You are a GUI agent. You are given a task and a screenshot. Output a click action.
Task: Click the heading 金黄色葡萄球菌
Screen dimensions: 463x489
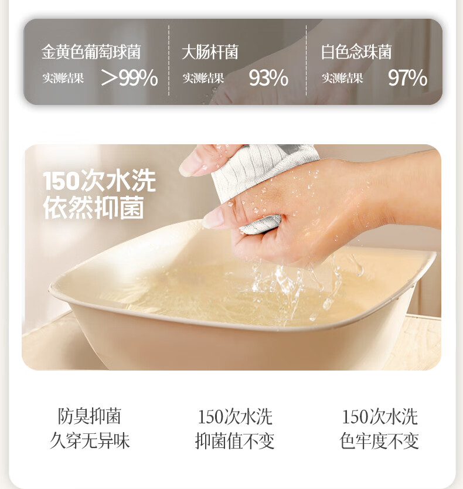coord(91,52)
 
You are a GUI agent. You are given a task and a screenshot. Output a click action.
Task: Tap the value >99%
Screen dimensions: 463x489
coord(130,78)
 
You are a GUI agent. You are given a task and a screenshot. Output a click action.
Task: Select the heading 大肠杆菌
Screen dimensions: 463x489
coord(210,52)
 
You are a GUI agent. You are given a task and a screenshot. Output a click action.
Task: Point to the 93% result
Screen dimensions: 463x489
coord(268,78)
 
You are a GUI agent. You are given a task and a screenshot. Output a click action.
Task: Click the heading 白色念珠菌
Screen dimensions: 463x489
coord(356,52)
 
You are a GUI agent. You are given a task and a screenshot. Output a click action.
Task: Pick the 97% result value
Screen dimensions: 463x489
coord(407,78)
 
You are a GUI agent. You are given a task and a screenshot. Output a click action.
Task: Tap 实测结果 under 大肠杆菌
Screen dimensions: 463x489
coord(203,79)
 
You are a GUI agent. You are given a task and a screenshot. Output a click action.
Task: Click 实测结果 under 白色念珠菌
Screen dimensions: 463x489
coord(342,79)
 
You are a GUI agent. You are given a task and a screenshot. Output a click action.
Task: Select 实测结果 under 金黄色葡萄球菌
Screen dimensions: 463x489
coord(63,79)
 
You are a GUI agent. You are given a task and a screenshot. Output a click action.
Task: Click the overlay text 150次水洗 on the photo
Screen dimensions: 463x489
coord(100,181)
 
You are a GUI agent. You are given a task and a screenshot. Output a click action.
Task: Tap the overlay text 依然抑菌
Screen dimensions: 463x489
coord(94,208)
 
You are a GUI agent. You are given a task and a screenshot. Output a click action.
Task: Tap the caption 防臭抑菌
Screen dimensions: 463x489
coord(90,416)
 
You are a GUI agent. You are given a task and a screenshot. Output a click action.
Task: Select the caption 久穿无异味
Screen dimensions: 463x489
coord(90,441)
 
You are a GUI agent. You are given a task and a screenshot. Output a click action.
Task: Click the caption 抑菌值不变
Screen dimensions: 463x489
coord(235,441)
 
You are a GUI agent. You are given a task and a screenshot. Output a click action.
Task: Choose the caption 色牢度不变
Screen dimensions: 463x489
coord(379,441)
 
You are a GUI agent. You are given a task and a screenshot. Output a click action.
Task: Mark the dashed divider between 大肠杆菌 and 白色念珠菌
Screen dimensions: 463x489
coord(306,60)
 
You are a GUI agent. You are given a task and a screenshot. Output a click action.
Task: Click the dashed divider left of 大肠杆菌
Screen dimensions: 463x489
coord(169,60)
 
